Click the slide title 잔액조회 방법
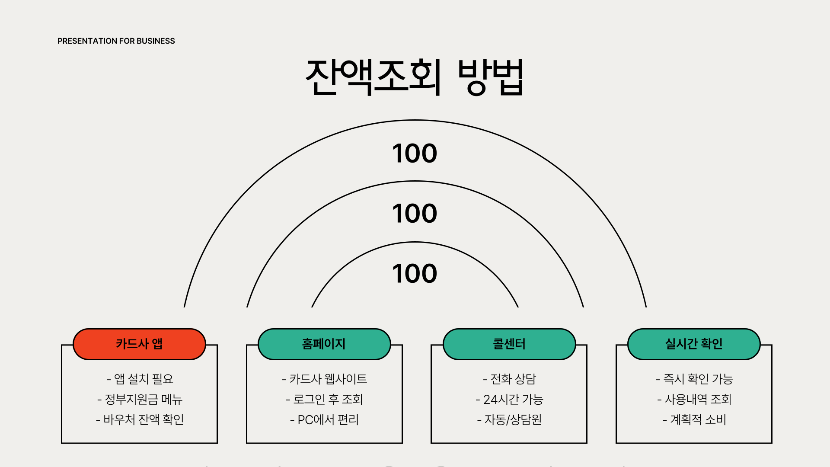pos(415,77)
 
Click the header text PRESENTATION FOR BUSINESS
pos(116,41)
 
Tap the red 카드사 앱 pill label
pos(139,344)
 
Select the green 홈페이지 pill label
pos(324,344)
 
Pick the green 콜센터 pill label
pos(509,344)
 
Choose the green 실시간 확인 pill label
pos(694,344)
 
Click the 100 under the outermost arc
pos(415,154)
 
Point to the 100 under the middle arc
pos(415,214)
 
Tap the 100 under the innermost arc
pos(415,274)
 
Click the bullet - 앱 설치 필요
pos(140,379)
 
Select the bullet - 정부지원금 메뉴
pos(140,400)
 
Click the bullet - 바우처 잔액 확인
pos(140,420)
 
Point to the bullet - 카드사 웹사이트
pos(324,379)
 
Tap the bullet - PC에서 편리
pos(324,420)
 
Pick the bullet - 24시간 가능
pos(509,400)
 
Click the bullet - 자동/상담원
pos(509,420)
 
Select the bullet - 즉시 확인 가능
pos(694,379)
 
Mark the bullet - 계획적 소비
pos(694,420)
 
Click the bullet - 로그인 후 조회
pos(324,400)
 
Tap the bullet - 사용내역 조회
pos(694,400)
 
